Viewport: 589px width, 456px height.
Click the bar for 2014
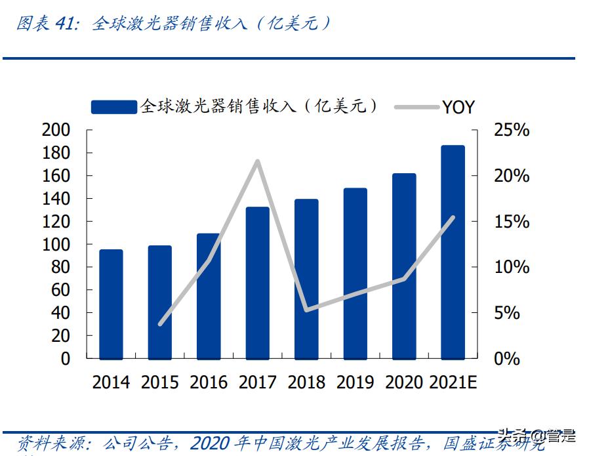[x=111, y=304]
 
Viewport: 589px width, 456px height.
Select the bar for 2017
[x=258, y=283]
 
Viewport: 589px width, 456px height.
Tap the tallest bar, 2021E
[x=453, y=253]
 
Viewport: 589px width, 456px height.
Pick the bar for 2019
[x=355, y=274]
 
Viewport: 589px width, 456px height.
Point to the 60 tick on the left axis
[x=60, y=290]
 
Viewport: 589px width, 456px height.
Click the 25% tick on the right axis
[x=512, y=130]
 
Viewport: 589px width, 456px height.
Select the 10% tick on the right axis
[x=512, y=267]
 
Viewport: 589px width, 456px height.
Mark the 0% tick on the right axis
[x=507, y=359]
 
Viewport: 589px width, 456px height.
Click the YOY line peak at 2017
[x=257, y=161]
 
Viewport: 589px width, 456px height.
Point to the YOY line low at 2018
[x=306, y=310]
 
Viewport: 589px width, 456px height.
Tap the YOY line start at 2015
[x=160, y=324]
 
